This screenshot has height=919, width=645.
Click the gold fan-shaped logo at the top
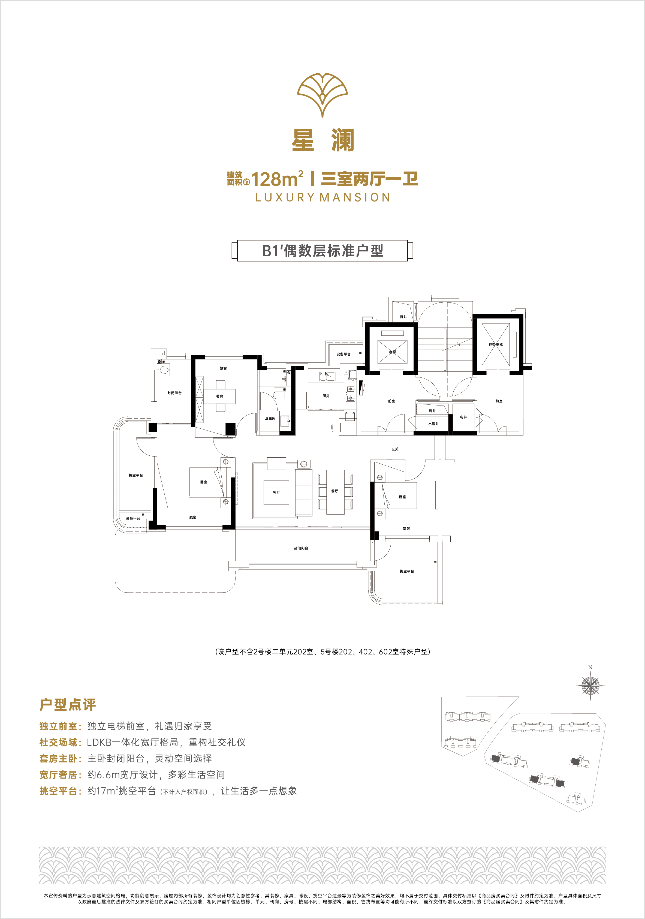tap(322, 95)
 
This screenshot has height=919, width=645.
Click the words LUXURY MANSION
tap(322, 197)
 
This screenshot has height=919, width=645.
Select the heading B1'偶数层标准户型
tap(322, 251)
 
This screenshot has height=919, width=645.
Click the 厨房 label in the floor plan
tap(326, 396)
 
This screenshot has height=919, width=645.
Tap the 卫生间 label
tap(270, 418)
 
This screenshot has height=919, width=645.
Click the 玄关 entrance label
tap(395, 449)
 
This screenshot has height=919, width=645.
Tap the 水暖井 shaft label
tap(433, 424)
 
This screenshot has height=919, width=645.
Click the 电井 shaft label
tap(463, 417)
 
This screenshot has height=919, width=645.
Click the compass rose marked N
tap(590, 686)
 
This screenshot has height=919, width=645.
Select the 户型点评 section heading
tap(68, 705)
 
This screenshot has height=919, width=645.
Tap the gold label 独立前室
tap(58, 726)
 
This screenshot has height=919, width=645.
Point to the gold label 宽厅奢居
tap(58, 774)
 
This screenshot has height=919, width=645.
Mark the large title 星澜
tap(323, 140)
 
